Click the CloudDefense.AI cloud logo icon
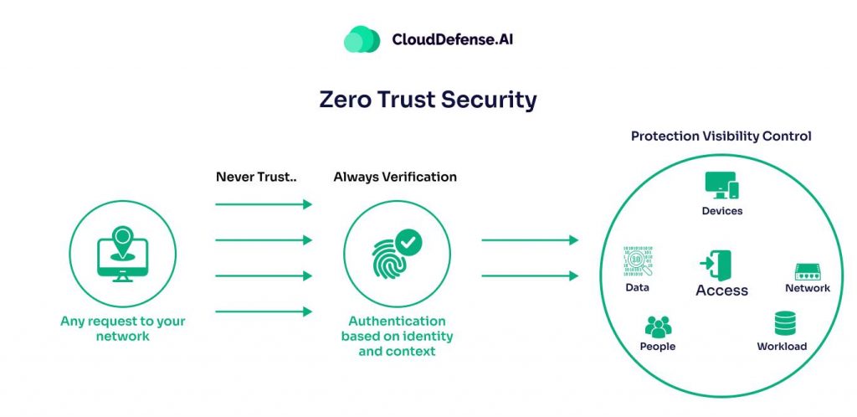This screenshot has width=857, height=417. click(362, 39)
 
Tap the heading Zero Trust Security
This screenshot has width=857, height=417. click(428, 100)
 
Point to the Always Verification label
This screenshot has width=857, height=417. click(395, 177)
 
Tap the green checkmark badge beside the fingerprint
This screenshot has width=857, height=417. click(408, 242)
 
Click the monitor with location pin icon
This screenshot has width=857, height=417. click(123, 253)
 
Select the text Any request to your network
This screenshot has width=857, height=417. click(123, 327)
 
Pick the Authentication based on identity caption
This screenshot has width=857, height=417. click(398, 336)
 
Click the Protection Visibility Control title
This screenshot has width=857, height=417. click(721, 136)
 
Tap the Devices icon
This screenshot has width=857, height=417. click(721, 186)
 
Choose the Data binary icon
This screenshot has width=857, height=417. click(638, 262)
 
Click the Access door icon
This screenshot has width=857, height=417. click(716, 265)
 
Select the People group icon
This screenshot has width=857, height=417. click(658, 327)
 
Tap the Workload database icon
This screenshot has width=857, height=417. click(785, 323)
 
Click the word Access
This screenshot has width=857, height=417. click(721, 291)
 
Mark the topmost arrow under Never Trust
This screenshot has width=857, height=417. click(263, 203)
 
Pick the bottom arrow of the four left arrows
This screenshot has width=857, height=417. click(263, 311)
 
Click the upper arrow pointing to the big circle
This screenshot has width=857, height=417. click(529, 240)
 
